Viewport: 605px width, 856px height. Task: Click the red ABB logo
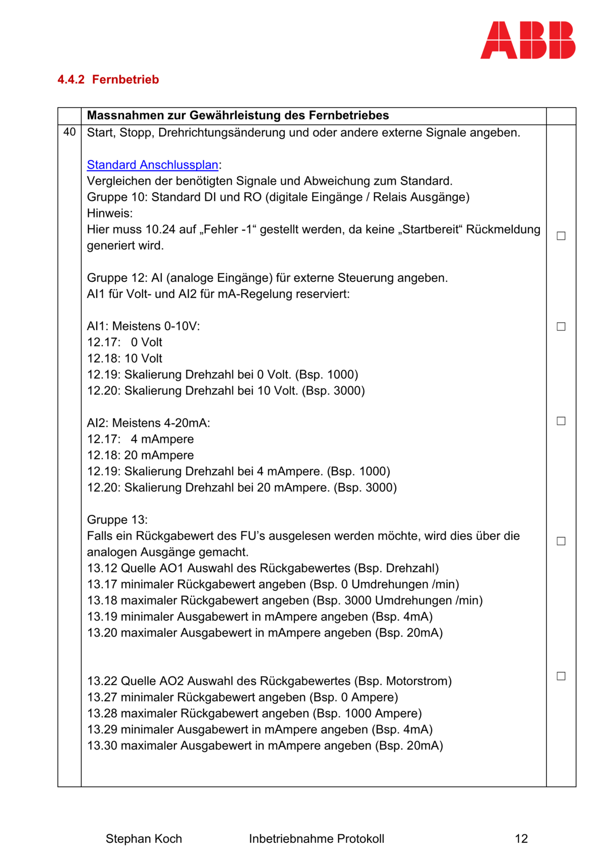(527, 40)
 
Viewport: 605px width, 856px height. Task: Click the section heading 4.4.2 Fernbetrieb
(108, 80)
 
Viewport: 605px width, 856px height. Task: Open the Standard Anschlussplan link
(152, 165)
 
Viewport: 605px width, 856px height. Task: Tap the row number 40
(70, 132)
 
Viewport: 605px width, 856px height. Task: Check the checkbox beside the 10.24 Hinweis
(561, 236)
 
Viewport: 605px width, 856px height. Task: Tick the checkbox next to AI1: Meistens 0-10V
(561, 327)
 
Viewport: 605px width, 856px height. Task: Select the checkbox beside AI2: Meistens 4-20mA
(561, 421)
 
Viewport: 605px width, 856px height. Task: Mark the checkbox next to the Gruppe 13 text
(561, 541)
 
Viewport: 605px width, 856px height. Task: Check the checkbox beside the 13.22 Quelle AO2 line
(561, 676)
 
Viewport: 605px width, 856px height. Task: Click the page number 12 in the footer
(521, 839)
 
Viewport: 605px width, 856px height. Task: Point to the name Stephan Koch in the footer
(144, 839)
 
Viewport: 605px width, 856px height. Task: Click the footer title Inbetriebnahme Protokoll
(316, 839)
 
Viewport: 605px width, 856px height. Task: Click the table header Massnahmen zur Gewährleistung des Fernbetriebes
(238, 115)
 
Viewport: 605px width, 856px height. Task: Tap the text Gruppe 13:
(117, 520)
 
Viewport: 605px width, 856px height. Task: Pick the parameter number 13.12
(102, 568)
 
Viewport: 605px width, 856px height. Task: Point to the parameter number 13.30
(102, 746)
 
